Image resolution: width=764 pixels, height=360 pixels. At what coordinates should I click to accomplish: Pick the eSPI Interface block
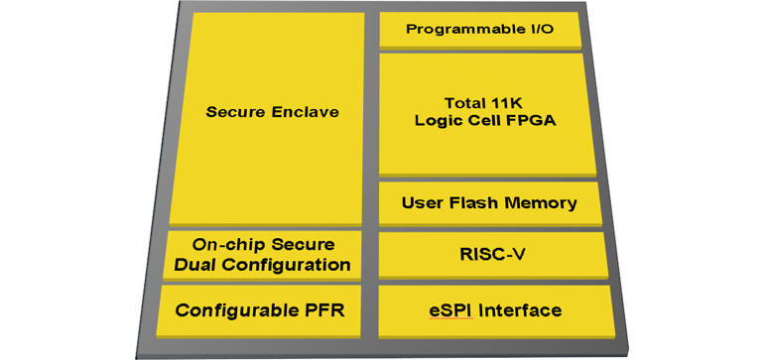coord(494,310)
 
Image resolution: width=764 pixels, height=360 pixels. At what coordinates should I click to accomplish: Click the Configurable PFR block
coord(260,310)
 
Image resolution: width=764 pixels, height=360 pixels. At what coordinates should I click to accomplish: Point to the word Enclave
coord(308,112)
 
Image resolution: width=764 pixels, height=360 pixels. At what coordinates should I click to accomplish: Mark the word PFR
coord(320,310)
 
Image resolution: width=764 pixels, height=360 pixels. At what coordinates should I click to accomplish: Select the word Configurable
coord(234,310)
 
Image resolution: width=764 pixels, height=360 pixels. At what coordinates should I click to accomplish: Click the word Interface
coord(520,310)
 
